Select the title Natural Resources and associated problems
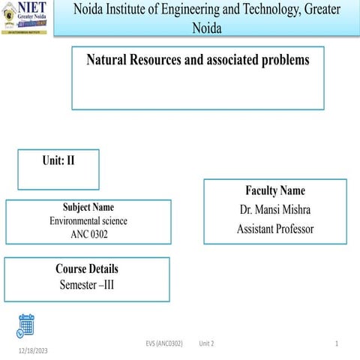[198, 60]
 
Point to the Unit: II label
[58, 160]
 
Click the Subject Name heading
[88, 208]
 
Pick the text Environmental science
[88, 221]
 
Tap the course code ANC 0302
[88, 235]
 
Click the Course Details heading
[87, 268]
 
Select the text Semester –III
[87, 284]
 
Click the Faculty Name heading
[275, 190]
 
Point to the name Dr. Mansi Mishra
[275, 210]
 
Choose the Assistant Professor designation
[275, 229]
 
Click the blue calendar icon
[26, 325]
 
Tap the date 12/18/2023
[34, 350]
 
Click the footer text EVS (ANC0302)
[164, 342]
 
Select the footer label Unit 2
[207, 342]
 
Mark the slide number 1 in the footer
[337, 342]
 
